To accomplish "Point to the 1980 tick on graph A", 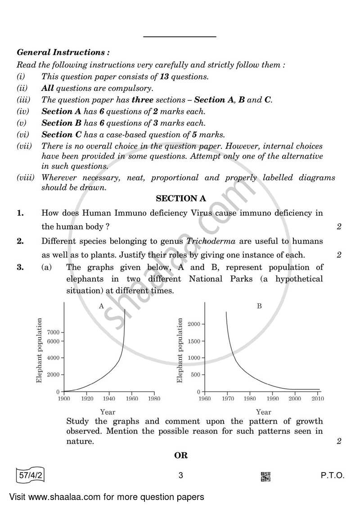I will [154, 398].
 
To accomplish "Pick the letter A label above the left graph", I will [101, 306].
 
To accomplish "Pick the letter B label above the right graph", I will [259, 306].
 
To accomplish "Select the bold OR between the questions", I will [180, 455].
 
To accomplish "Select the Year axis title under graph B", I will [263, 412].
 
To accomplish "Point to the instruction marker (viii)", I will [25, 178].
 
